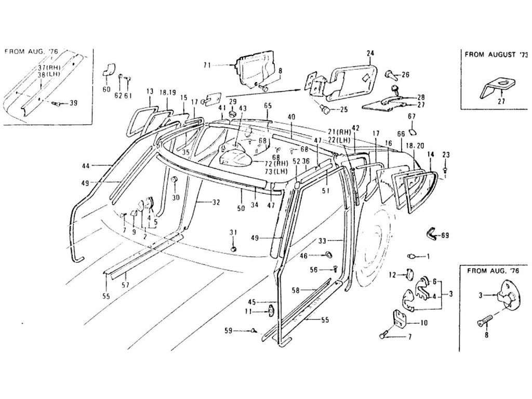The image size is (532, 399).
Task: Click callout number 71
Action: [207, 65]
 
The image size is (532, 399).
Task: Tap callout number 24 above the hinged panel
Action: [370, 53]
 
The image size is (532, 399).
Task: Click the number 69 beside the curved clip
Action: [445, 236]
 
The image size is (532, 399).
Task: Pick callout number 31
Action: [233, 232]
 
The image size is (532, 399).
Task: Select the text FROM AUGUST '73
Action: [497, 54]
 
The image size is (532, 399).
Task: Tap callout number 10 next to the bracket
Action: [423, 323]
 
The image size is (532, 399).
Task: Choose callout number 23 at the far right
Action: [445, 154]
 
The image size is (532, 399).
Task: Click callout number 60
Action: [107, 89]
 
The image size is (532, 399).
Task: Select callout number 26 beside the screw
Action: [405, 75]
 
